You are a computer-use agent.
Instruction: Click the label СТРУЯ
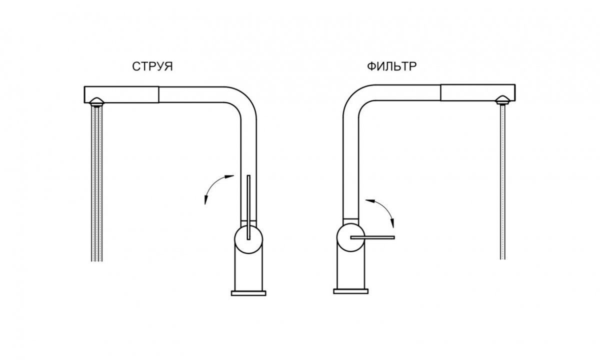[152, 66]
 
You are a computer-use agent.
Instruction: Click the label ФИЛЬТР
[391, 66]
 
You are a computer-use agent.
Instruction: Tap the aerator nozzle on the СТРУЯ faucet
[96, 102]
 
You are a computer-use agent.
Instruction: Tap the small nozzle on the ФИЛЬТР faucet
[502, 100]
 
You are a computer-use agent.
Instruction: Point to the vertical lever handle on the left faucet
[248, 207]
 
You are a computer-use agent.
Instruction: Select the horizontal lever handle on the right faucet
[372, 237]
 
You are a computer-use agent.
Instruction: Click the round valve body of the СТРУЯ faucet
[248, 239]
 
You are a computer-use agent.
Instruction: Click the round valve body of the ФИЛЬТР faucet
[350, 237]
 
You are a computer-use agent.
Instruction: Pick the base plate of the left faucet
[248, 293]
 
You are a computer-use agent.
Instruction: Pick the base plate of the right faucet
[350, 291]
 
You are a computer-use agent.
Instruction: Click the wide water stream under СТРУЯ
[96, 184]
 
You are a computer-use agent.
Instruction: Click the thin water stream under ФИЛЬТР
[502, 182]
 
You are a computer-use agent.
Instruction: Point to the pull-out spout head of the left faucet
[121, 94]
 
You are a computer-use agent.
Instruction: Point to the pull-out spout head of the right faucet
[478, 92]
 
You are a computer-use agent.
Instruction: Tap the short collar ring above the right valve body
[350, 221]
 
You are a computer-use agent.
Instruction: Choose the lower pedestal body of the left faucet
[248, 270]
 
